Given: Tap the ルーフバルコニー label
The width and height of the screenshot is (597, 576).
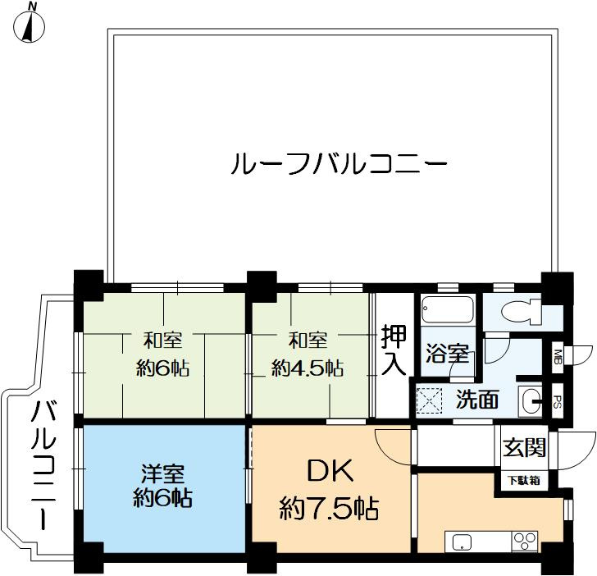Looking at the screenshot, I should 340,163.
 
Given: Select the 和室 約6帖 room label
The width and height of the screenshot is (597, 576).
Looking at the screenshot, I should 162,354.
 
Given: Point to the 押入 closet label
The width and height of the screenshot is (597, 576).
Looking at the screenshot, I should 393,350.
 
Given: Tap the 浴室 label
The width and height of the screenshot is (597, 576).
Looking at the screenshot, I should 447,355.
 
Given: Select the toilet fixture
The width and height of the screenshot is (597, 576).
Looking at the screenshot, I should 521,312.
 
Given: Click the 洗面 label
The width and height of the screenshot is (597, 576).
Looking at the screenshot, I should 476,400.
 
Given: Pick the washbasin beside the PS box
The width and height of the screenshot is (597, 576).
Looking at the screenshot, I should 531,400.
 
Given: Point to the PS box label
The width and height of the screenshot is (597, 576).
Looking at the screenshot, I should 557,401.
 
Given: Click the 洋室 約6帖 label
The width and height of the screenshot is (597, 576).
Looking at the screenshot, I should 162,486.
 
